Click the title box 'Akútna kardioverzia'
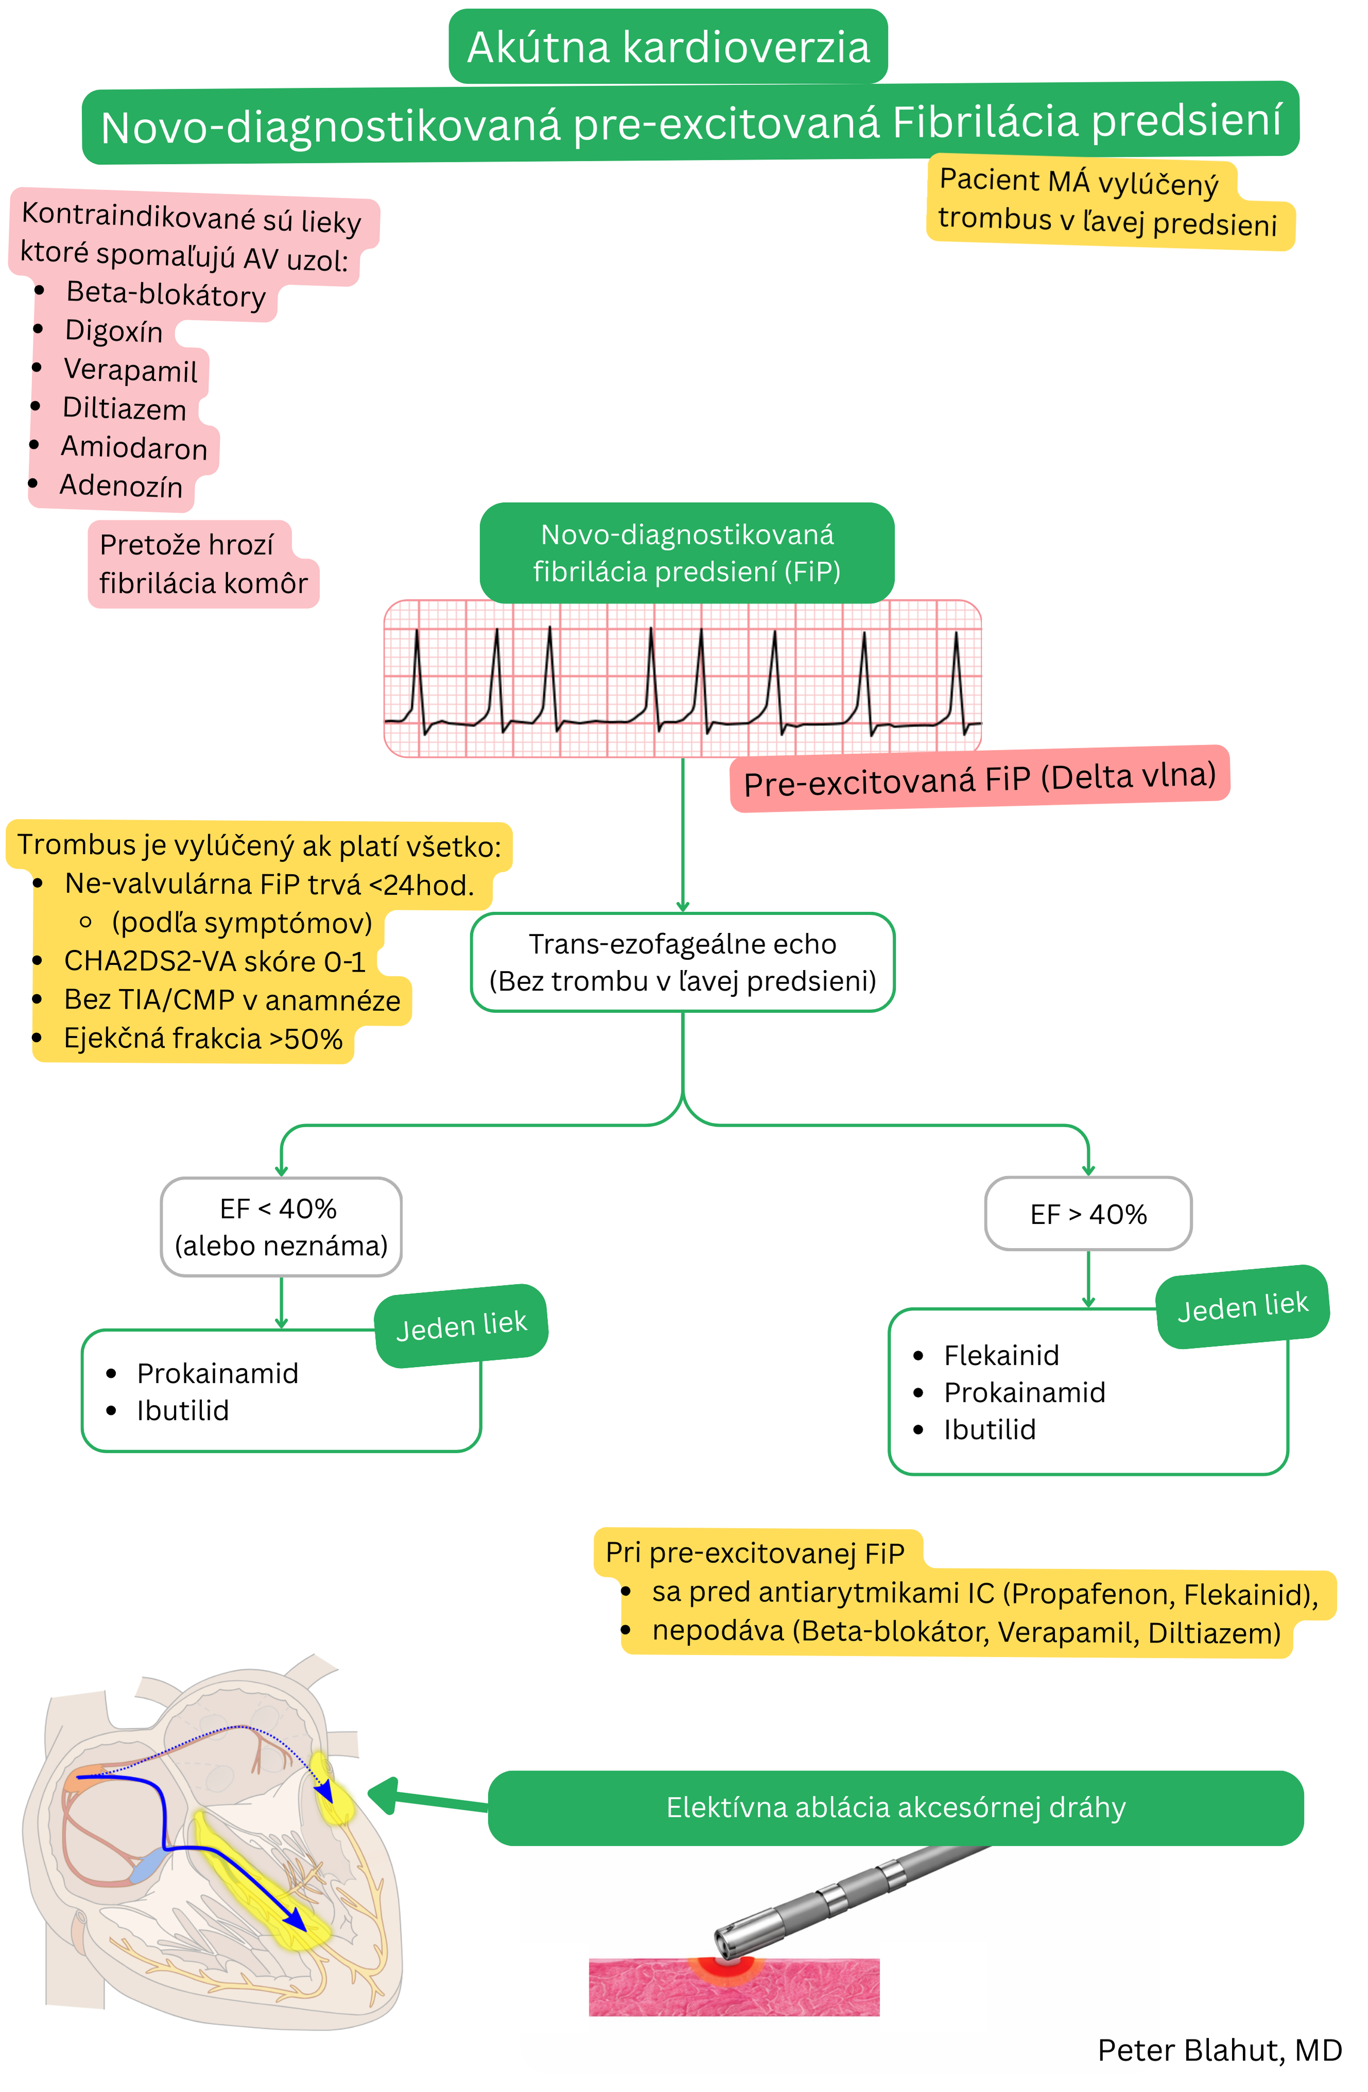(668, 46)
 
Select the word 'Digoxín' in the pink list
(114, 331)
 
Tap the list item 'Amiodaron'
(133, 448)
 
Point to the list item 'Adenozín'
(121, 486)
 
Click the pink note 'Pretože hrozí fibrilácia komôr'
(203, 564)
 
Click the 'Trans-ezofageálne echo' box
(682, 962)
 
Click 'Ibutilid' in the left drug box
(183, 1411)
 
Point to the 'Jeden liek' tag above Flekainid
(1242, 1307)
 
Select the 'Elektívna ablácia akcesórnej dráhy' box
(895, 1807)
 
